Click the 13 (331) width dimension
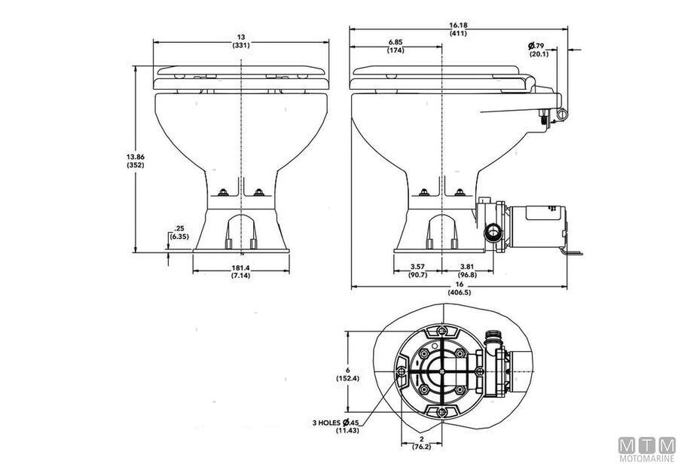[x=240, y=41]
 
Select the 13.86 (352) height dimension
[x=136, y=161]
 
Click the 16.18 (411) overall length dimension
[x=457, y=30]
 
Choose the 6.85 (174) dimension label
[x=396, y=46]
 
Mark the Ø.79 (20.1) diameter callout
[x=537, y=50]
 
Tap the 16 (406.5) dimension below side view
[x=459, y=288]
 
